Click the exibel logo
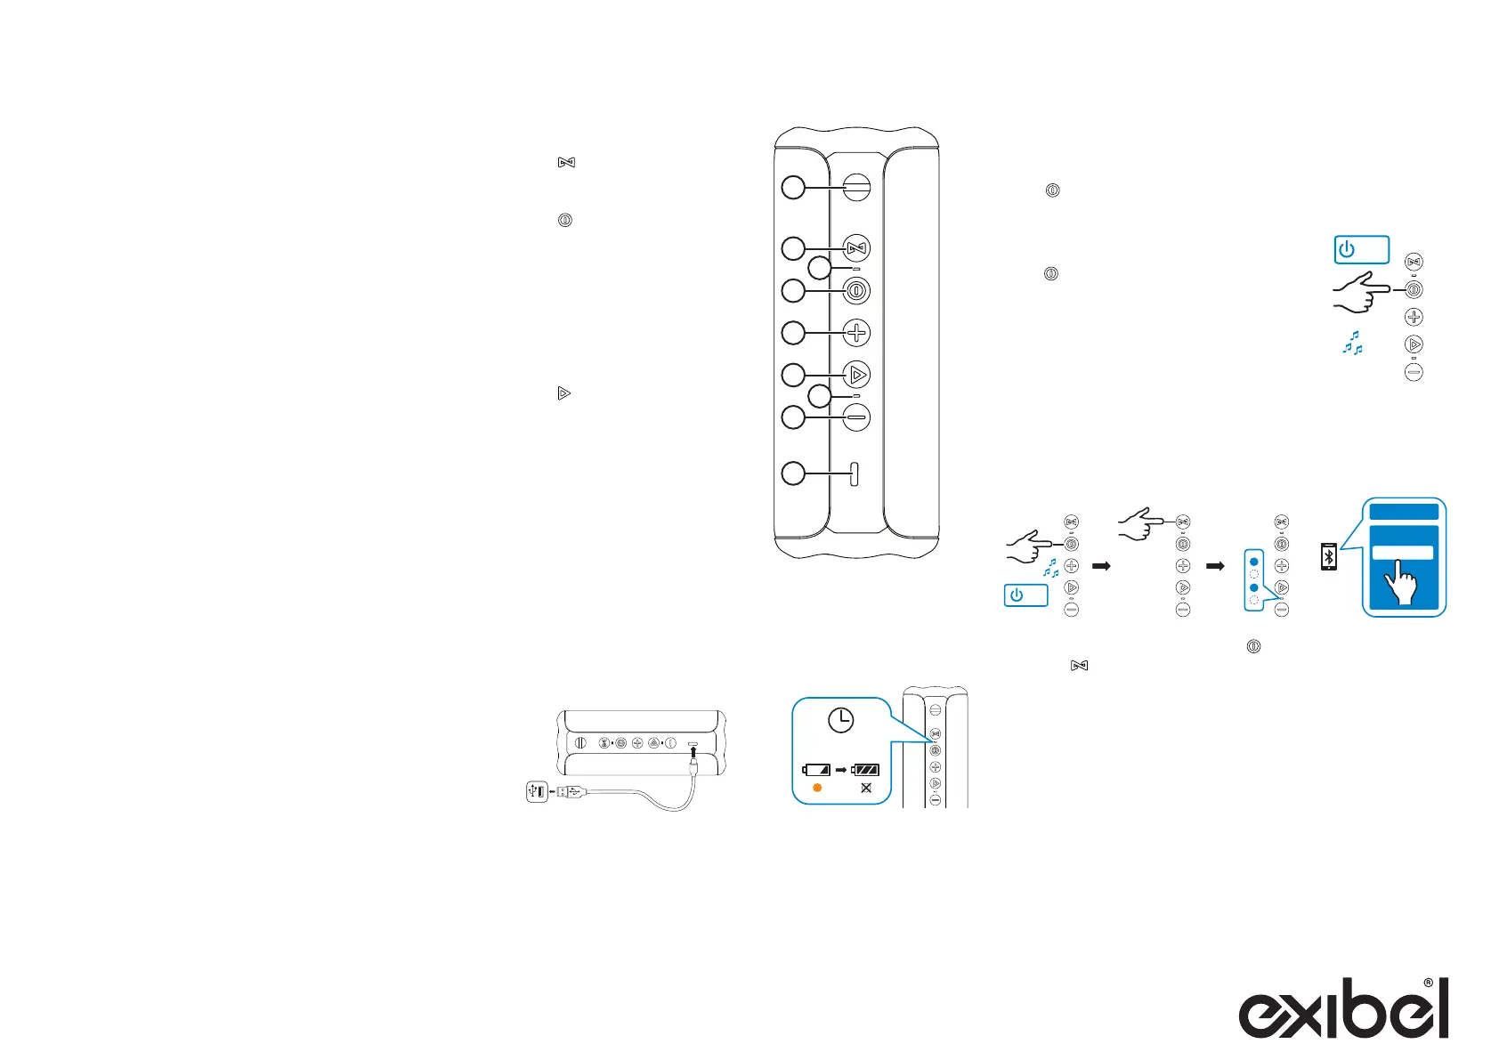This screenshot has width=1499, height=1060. pyautogui.click(x=1343, y=1009)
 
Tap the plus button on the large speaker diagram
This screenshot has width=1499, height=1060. pyautogui.click(x=856, y=333)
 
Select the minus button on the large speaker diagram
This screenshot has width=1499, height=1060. pyautogui.click(x=856, y=417)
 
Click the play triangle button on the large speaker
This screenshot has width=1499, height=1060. pyautogui.click(x=856, y=375)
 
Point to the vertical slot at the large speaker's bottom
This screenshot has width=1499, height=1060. pyautogui.click(x=855, y=473)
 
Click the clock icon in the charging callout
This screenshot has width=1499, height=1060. pyautogui.click(x=840, y=720)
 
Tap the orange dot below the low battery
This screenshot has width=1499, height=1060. pyautogui.click(x=817, y=789)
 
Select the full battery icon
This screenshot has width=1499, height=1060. pyautogui.click(x=865, y=770)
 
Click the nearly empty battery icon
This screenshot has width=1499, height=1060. pyautogui.click(x=816, y=770)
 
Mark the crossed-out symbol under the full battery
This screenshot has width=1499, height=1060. pyautogui.click(x=866, y=789)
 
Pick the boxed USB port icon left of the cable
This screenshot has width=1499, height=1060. pyautogui.click(x=537, y=790)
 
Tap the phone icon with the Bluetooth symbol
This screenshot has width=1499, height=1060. pyautogui.click(x=1328, y=556)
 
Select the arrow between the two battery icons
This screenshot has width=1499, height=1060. pyautogui.click(x=841, y=770)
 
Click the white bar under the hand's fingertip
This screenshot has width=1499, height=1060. pyautogui.click(x=1403, y=553)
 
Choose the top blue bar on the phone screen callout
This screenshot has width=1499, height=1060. pyautogui.click(x=1404, y=512)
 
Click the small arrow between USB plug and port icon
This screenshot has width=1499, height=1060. pyautogui.click(x=553, y=790)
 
